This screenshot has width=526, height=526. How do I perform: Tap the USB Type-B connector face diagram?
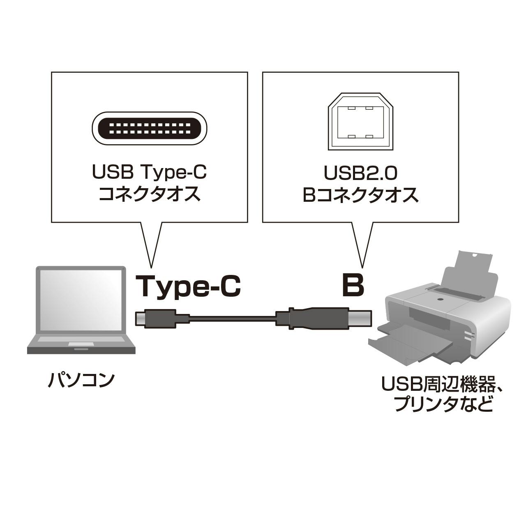[360, 122]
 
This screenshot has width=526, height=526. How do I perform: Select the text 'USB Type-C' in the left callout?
[149, 173]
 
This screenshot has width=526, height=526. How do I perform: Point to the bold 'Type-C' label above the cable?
[188, 286]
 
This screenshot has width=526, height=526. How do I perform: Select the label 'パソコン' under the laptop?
[81, 380]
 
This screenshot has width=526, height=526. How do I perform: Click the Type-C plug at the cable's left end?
[156, 318]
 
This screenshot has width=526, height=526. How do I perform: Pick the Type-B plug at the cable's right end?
[325, 318]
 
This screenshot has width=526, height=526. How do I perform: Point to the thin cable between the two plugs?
[232, 318]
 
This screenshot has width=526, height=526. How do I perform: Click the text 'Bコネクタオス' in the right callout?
[360, 194]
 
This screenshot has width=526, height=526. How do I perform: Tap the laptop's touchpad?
[81, 344]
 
